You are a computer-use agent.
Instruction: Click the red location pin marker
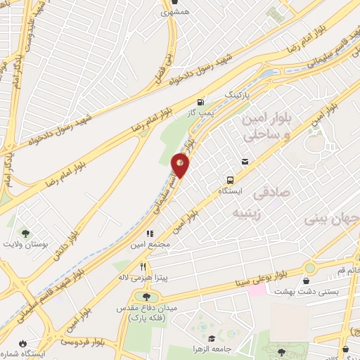[x=181, y=165]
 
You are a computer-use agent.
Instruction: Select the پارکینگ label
[x=236, y=94]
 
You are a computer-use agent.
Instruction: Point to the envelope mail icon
[x=244, y=161]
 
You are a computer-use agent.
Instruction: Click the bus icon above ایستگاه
[x=229, y=179]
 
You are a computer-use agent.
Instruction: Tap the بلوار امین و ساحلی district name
[x=264, y=127]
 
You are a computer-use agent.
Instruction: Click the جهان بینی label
[x=331, y=219]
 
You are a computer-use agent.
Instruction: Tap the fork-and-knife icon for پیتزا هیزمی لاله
[x=143, y=266]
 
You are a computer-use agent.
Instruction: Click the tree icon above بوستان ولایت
[x=26, y=234]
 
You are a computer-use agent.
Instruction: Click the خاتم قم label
[x=349, y=270]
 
